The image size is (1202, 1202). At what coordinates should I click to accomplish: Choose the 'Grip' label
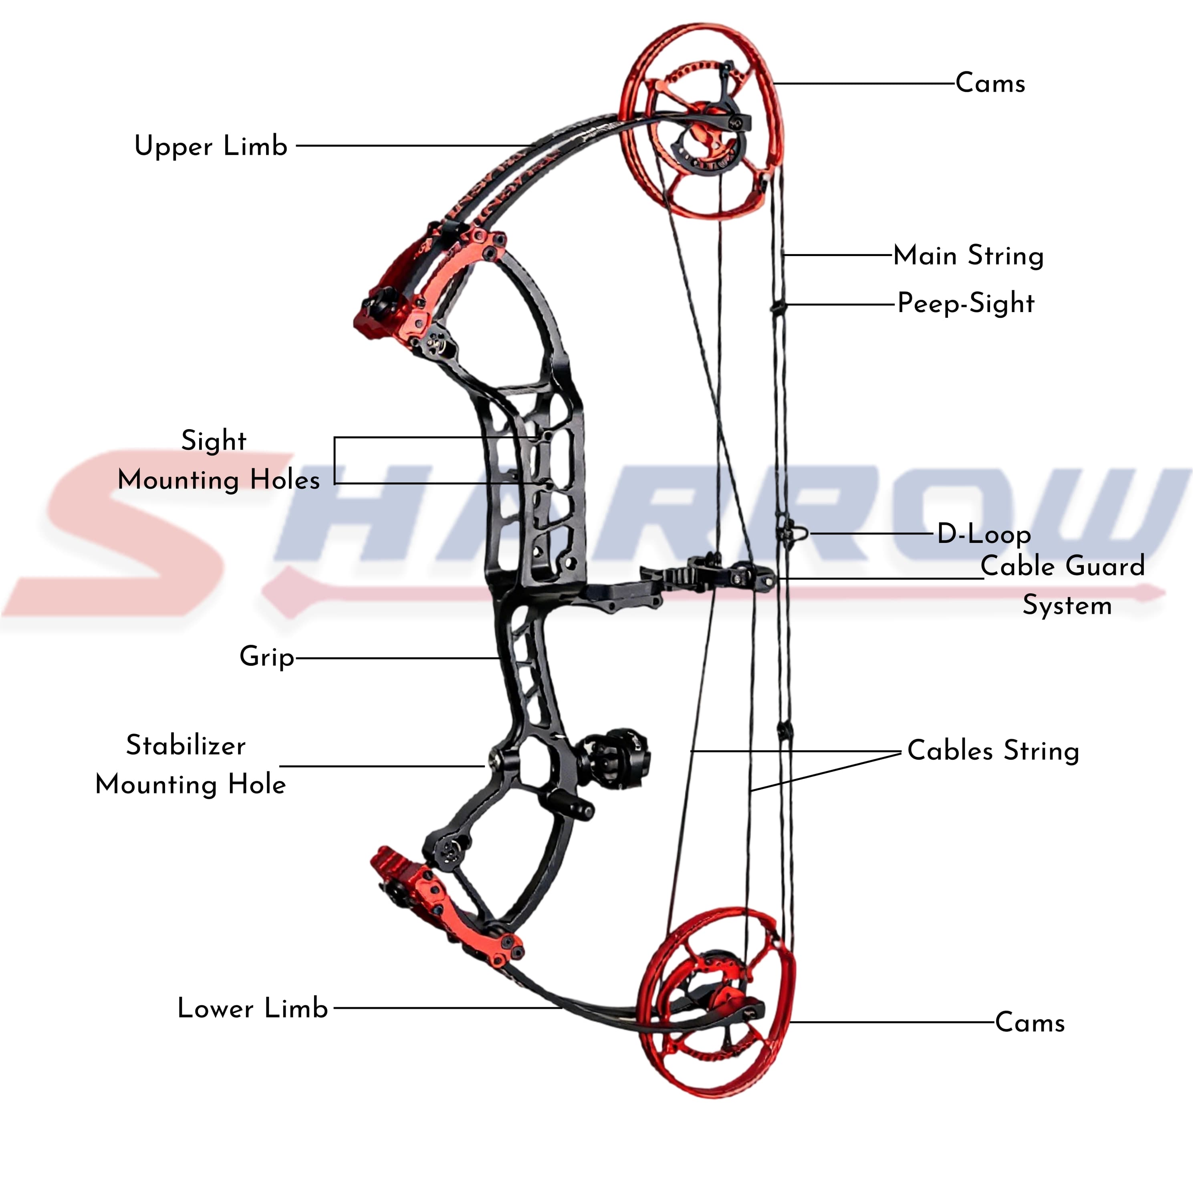pos(267,657)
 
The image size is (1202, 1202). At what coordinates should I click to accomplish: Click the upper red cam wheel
pos(623,125)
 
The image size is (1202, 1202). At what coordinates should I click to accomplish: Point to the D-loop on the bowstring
pos(798,533)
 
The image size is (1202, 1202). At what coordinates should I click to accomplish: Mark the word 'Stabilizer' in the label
pos(186,745)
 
